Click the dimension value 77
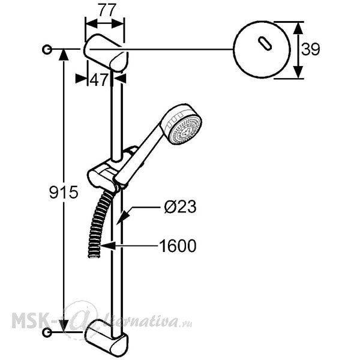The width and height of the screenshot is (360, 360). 107,10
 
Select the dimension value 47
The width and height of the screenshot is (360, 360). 99,80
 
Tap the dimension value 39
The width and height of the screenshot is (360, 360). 310,49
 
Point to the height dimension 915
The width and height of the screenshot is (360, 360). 64,192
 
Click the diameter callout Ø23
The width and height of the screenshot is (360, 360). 180,206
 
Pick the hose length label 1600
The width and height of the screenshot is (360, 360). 178,246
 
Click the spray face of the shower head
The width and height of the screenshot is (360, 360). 185,130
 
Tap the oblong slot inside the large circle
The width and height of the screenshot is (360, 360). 265,43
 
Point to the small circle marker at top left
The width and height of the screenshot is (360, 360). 47,49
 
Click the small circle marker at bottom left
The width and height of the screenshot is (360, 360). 47,332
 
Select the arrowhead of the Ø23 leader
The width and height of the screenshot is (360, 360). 122,218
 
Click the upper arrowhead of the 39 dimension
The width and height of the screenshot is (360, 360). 298,28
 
